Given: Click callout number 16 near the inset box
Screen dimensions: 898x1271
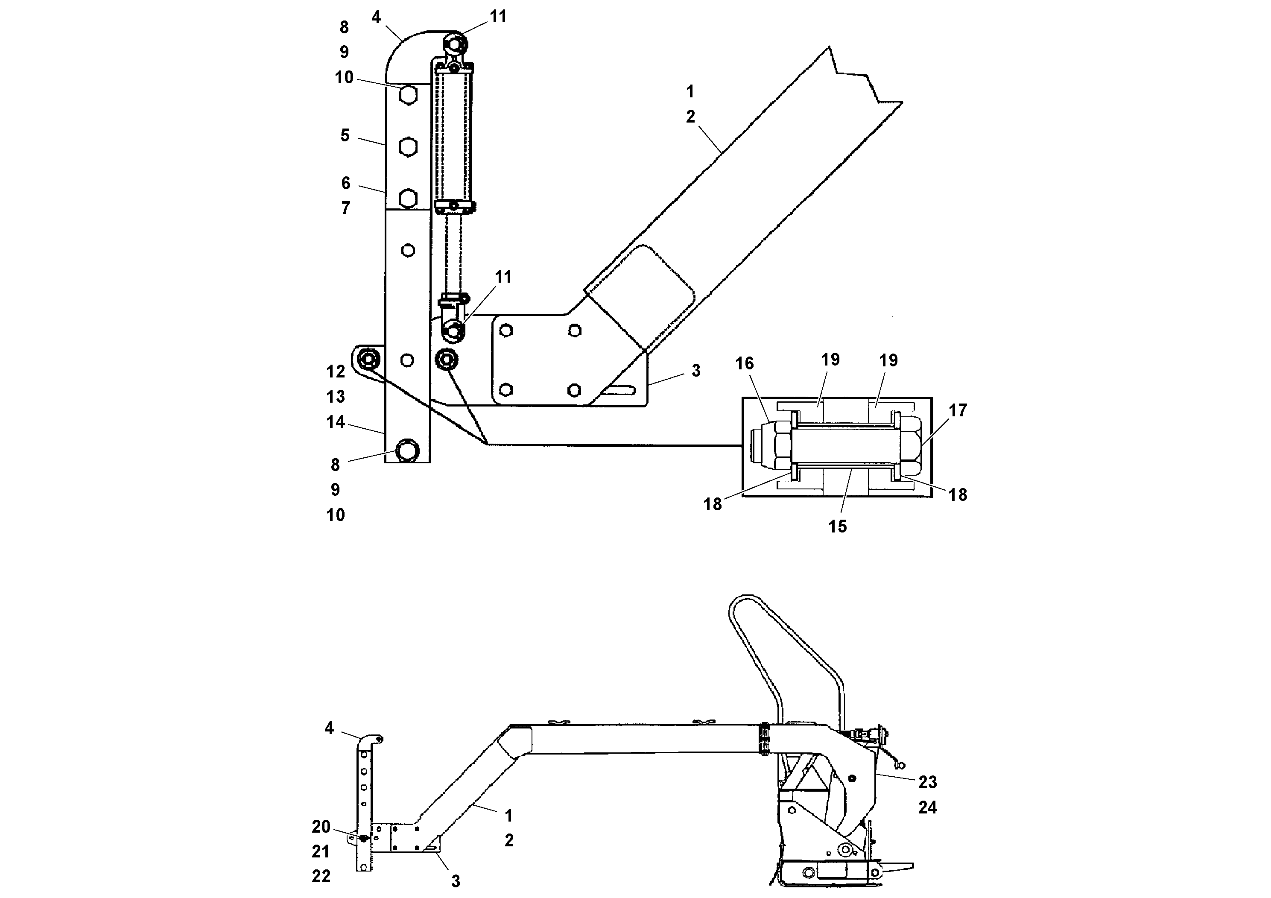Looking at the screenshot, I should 744,363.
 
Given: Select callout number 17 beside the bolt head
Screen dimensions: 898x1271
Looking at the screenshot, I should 957,410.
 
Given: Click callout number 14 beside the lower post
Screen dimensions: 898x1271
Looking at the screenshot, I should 336,422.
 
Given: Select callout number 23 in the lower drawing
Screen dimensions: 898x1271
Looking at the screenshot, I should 927,782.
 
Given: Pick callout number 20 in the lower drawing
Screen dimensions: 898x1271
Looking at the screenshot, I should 321,827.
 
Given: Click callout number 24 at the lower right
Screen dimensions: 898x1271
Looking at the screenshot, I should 927,808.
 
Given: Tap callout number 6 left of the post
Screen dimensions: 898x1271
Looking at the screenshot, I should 345,183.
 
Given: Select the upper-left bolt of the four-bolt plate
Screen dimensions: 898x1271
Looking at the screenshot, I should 505,331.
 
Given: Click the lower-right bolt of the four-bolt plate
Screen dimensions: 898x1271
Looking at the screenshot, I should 574,390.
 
